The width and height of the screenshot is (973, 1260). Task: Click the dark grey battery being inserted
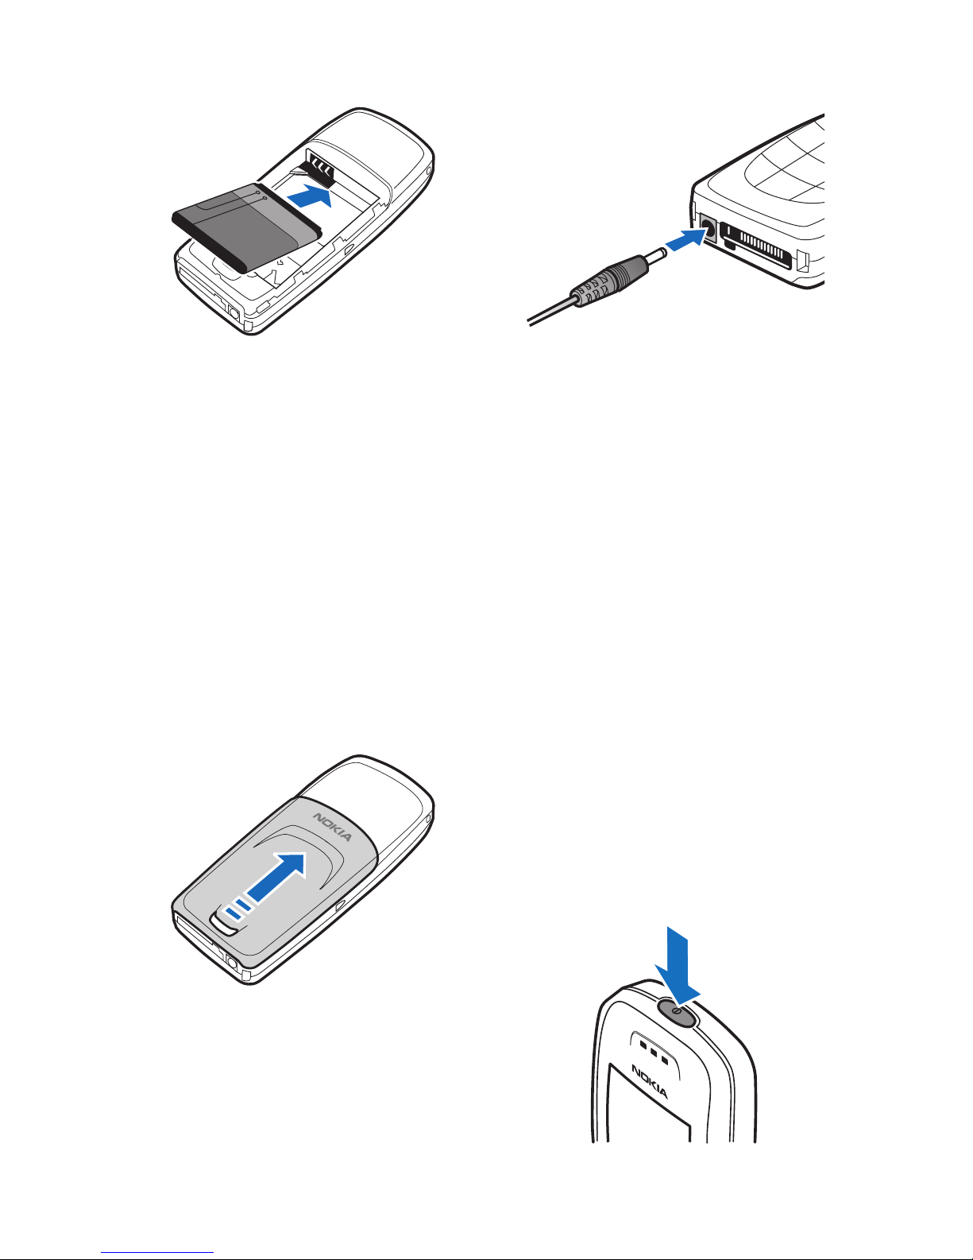247,227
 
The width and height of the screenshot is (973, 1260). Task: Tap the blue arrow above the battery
310,196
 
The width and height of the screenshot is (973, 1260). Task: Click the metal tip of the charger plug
654,255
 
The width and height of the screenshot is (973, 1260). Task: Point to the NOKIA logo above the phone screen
649,1081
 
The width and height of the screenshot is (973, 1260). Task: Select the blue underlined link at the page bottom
157,1251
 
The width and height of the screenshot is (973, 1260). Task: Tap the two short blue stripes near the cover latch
238,909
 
